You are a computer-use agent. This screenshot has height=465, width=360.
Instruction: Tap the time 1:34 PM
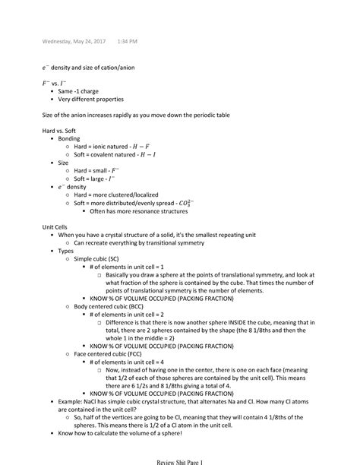pyautogui.click(x=117, y=41)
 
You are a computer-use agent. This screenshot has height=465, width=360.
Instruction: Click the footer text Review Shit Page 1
pyautogui.click(x=179, y=460)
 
